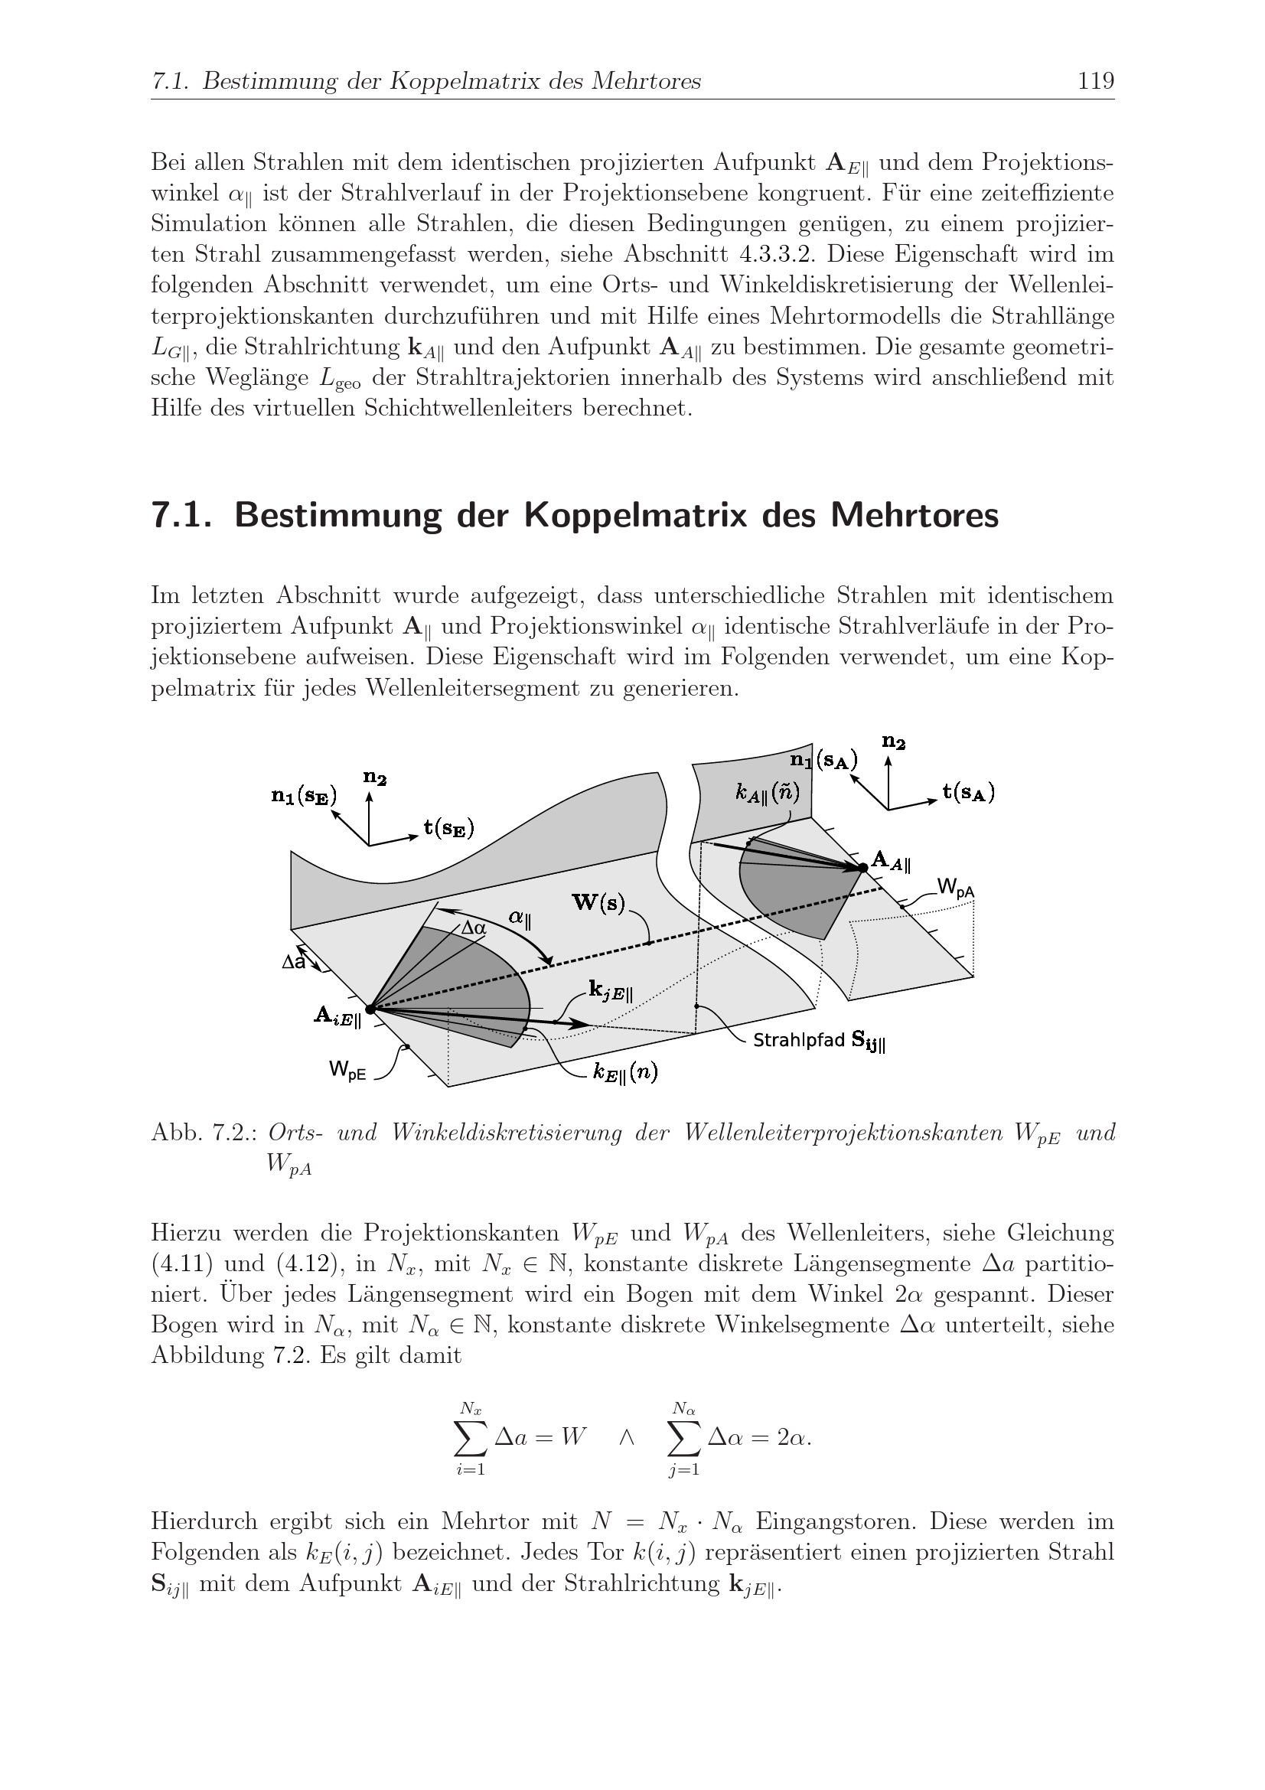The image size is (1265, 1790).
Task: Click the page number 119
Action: (x=1096, y=81)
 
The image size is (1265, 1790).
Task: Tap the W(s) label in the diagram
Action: (x=598, y=903)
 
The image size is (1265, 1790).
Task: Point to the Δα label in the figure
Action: (x=473, y=928)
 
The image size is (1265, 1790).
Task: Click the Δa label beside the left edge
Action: (x=294, y=963)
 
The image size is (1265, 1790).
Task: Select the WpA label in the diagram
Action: (x=956, y=887)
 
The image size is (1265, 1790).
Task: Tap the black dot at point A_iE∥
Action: (x=370, y=1009)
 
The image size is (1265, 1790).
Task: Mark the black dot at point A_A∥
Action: (x=862, y=867)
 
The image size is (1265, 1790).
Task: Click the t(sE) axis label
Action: (x=449, y=828)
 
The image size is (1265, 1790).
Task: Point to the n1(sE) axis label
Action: (x=303, y=796)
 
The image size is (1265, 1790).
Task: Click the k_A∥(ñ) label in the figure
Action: (x=768, y=792)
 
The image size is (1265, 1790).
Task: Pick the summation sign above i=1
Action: (x=471, y=1438)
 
